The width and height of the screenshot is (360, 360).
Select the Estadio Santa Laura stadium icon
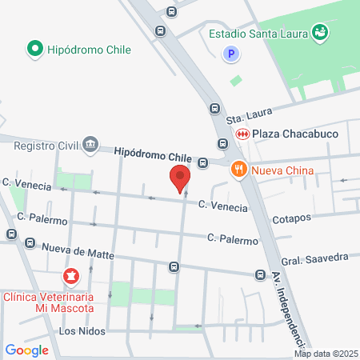pos(320,33)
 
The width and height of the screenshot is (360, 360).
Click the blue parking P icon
pos(231,54)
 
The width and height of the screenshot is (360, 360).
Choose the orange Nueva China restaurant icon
pos(238,169)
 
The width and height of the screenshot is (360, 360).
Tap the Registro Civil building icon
pos(90,145)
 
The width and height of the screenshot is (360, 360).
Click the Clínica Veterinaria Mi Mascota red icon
pos(71,277)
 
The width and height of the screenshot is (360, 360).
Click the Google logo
pos(26,350)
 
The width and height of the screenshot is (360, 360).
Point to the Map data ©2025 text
pos(325,353)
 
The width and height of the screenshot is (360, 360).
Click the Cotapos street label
pos(290,218)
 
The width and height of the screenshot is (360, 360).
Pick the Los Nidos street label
pos(82,330)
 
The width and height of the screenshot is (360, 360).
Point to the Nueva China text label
pos(280,170)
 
